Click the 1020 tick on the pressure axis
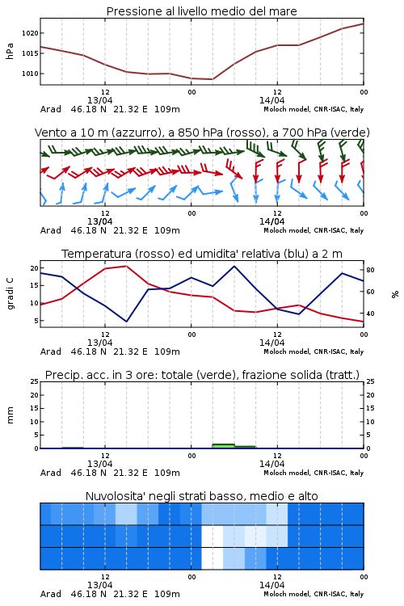coord(30,33)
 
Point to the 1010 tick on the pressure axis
coord(30,74)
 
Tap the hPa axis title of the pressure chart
coord(10,51)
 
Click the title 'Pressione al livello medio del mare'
coord(202,11)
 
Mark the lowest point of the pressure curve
coord(213,79)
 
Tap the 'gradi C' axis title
coord(10,293)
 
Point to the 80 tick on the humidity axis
coord(370,270)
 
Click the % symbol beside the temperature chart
coord(395,294)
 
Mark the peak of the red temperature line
coord(126,266)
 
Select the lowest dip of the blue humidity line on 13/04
coord(126,322)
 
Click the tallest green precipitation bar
coord(224,446)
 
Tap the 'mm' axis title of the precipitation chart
coord(10,415)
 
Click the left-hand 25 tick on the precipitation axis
coord(35,381)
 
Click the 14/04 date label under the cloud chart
coord(271,585)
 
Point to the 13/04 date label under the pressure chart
coord(99,100)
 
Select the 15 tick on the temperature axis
coord(35,285)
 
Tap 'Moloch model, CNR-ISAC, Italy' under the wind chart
coord(314,230)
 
